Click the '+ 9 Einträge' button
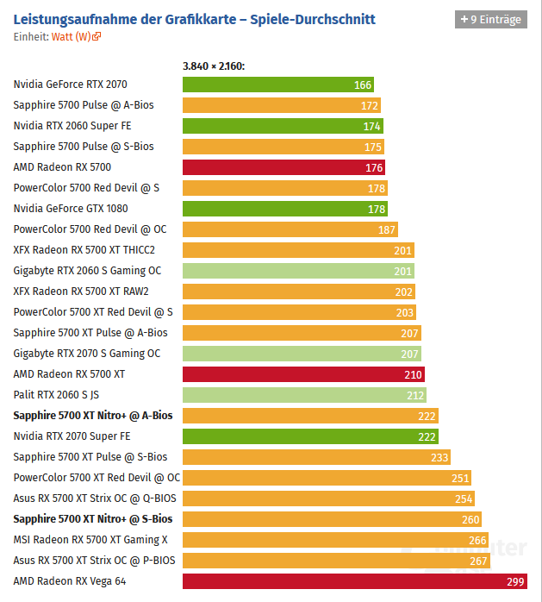click(x=490, y=19)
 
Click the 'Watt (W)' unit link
click(x=76, y=36)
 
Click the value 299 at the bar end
click(x=515, y=581)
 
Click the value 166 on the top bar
click(x=363, y=85)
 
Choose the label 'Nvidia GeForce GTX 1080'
click(x=72, y=209)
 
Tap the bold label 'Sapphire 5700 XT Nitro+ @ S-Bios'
click(x=93, y=519)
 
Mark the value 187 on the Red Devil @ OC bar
click(x=387, y=229)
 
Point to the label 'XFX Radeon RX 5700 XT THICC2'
click(x=84, y=250)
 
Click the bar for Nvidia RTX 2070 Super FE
click(x=310, y=436)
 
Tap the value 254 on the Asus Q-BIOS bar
click(x=464, y=499)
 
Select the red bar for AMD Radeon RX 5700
click(x=283, y=167)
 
